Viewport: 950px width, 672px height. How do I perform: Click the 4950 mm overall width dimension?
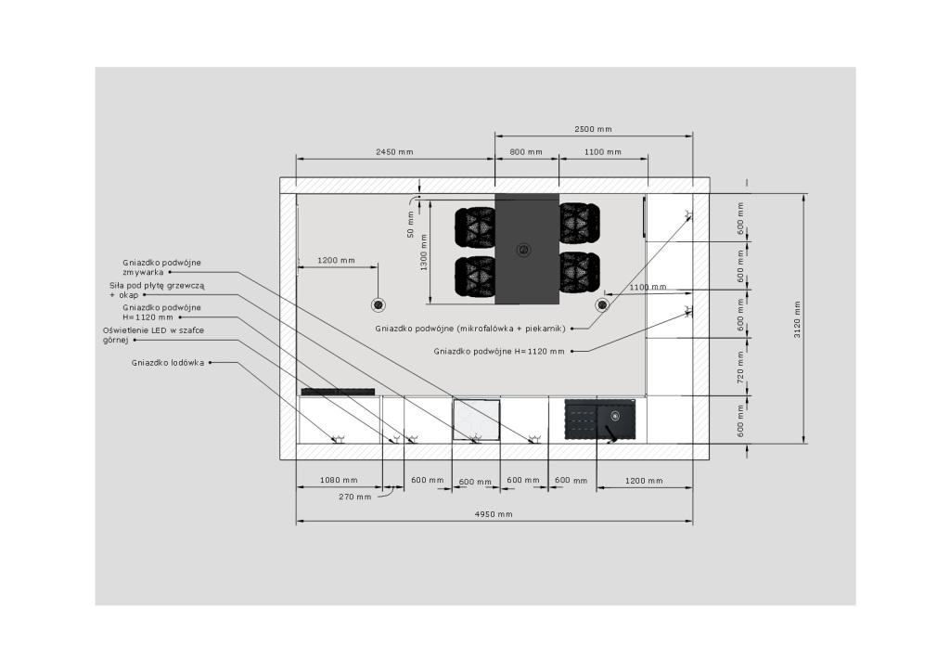(x=494, y=514)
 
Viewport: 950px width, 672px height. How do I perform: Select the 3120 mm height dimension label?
(x=797, y=319)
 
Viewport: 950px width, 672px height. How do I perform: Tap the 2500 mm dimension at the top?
(x=593, y=129)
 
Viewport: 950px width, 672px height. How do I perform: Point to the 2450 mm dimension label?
(x=394, y=152)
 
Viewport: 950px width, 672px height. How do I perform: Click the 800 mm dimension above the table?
(x=526, y=152)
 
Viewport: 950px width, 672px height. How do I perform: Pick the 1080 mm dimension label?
(x=339, y=481)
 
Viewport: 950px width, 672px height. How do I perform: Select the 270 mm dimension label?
(x=355, y=497)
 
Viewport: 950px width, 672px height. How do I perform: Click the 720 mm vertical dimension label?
(x=740, y=368)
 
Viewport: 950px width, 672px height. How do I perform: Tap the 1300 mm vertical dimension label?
(x=424, y=252)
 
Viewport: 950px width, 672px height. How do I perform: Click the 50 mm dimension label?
(x=411, y=225)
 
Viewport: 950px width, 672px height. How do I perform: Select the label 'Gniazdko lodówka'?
(x=168, y=363)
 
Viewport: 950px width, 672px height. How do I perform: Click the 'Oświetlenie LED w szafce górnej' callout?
(x=153, y=335)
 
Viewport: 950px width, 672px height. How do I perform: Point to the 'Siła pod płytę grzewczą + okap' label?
(x=157, y=291)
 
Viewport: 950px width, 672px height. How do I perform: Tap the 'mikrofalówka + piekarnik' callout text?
(x=511, y=329)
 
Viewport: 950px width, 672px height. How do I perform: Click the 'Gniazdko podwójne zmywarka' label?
(x=161, y=267)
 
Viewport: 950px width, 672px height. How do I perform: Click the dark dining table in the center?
(x=527, y=249)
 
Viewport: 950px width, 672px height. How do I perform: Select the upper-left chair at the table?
(x=476, y=227)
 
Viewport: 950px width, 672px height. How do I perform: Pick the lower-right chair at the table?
(x=579, y=273)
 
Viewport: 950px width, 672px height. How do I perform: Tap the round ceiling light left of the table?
(x=379, y=304)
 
